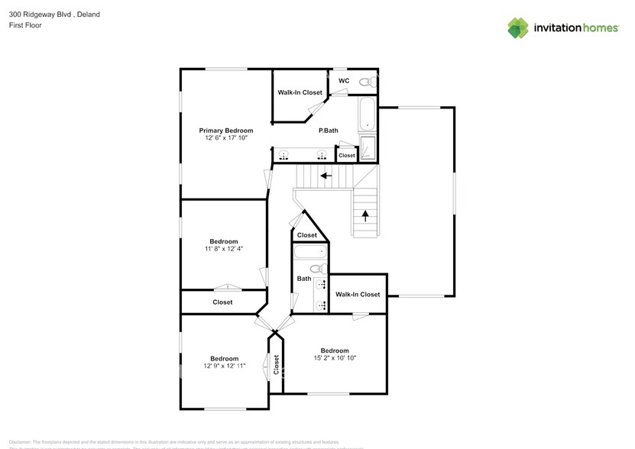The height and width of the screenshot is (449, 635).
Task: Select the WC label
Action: (344, 81)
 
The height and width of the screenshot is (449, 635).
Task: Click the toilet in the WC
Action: (367, 82)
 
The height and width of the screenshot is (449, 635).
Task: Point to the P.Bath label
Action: (329, 131)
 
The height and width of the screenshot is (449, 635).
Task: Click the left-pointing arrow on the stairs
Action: (326, 176)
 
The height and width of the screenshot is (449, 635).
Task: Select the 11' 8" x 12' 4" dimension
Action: (224, 249)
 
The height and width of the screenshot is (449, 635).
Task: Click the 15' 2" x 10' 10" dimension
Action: (335, 358)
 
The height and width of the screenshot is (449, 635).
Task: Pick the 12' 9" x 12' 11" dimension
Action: (224, 367)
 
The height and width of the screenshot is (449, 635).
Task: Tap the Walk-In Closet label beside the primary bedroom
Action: (300, 92)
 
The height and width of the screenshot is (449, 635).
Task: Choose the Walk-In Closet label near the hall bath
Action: (358, 294)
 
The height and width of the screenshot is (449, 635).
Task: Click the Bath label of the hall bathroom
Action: (304, 279)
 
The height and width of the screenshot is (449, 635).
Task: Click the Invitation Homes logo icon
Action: (518, 27)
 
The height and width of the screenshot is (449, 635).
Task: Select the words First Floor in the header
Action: (25, 25)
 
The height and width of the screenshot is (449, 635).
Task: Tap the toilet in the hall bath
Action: (317, 269)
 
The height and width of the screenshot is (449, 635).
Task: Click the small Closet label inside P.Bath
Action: (347, 155)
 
